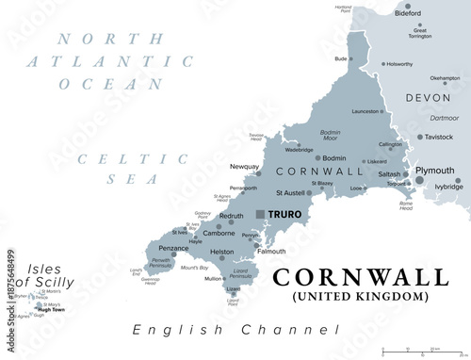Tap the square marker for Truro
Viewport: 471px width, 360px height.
(x=261, y=214)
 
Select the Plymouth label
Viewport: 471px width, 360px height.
(x=435, y=171)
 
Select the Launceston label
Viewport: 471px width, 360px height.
(x=365, y=111)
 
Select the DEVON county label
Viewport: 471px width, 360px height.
(x=430, y=98)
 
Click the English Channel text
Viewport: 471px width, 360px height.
(x=235, y=330)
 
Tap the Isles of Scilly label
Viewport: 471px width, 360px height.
(x=52, y=274)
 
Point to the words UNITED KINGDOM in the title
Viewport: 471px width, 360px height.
(x=361, y=297)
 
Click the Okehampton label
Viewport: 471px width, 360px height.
(x=444, y=78)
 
